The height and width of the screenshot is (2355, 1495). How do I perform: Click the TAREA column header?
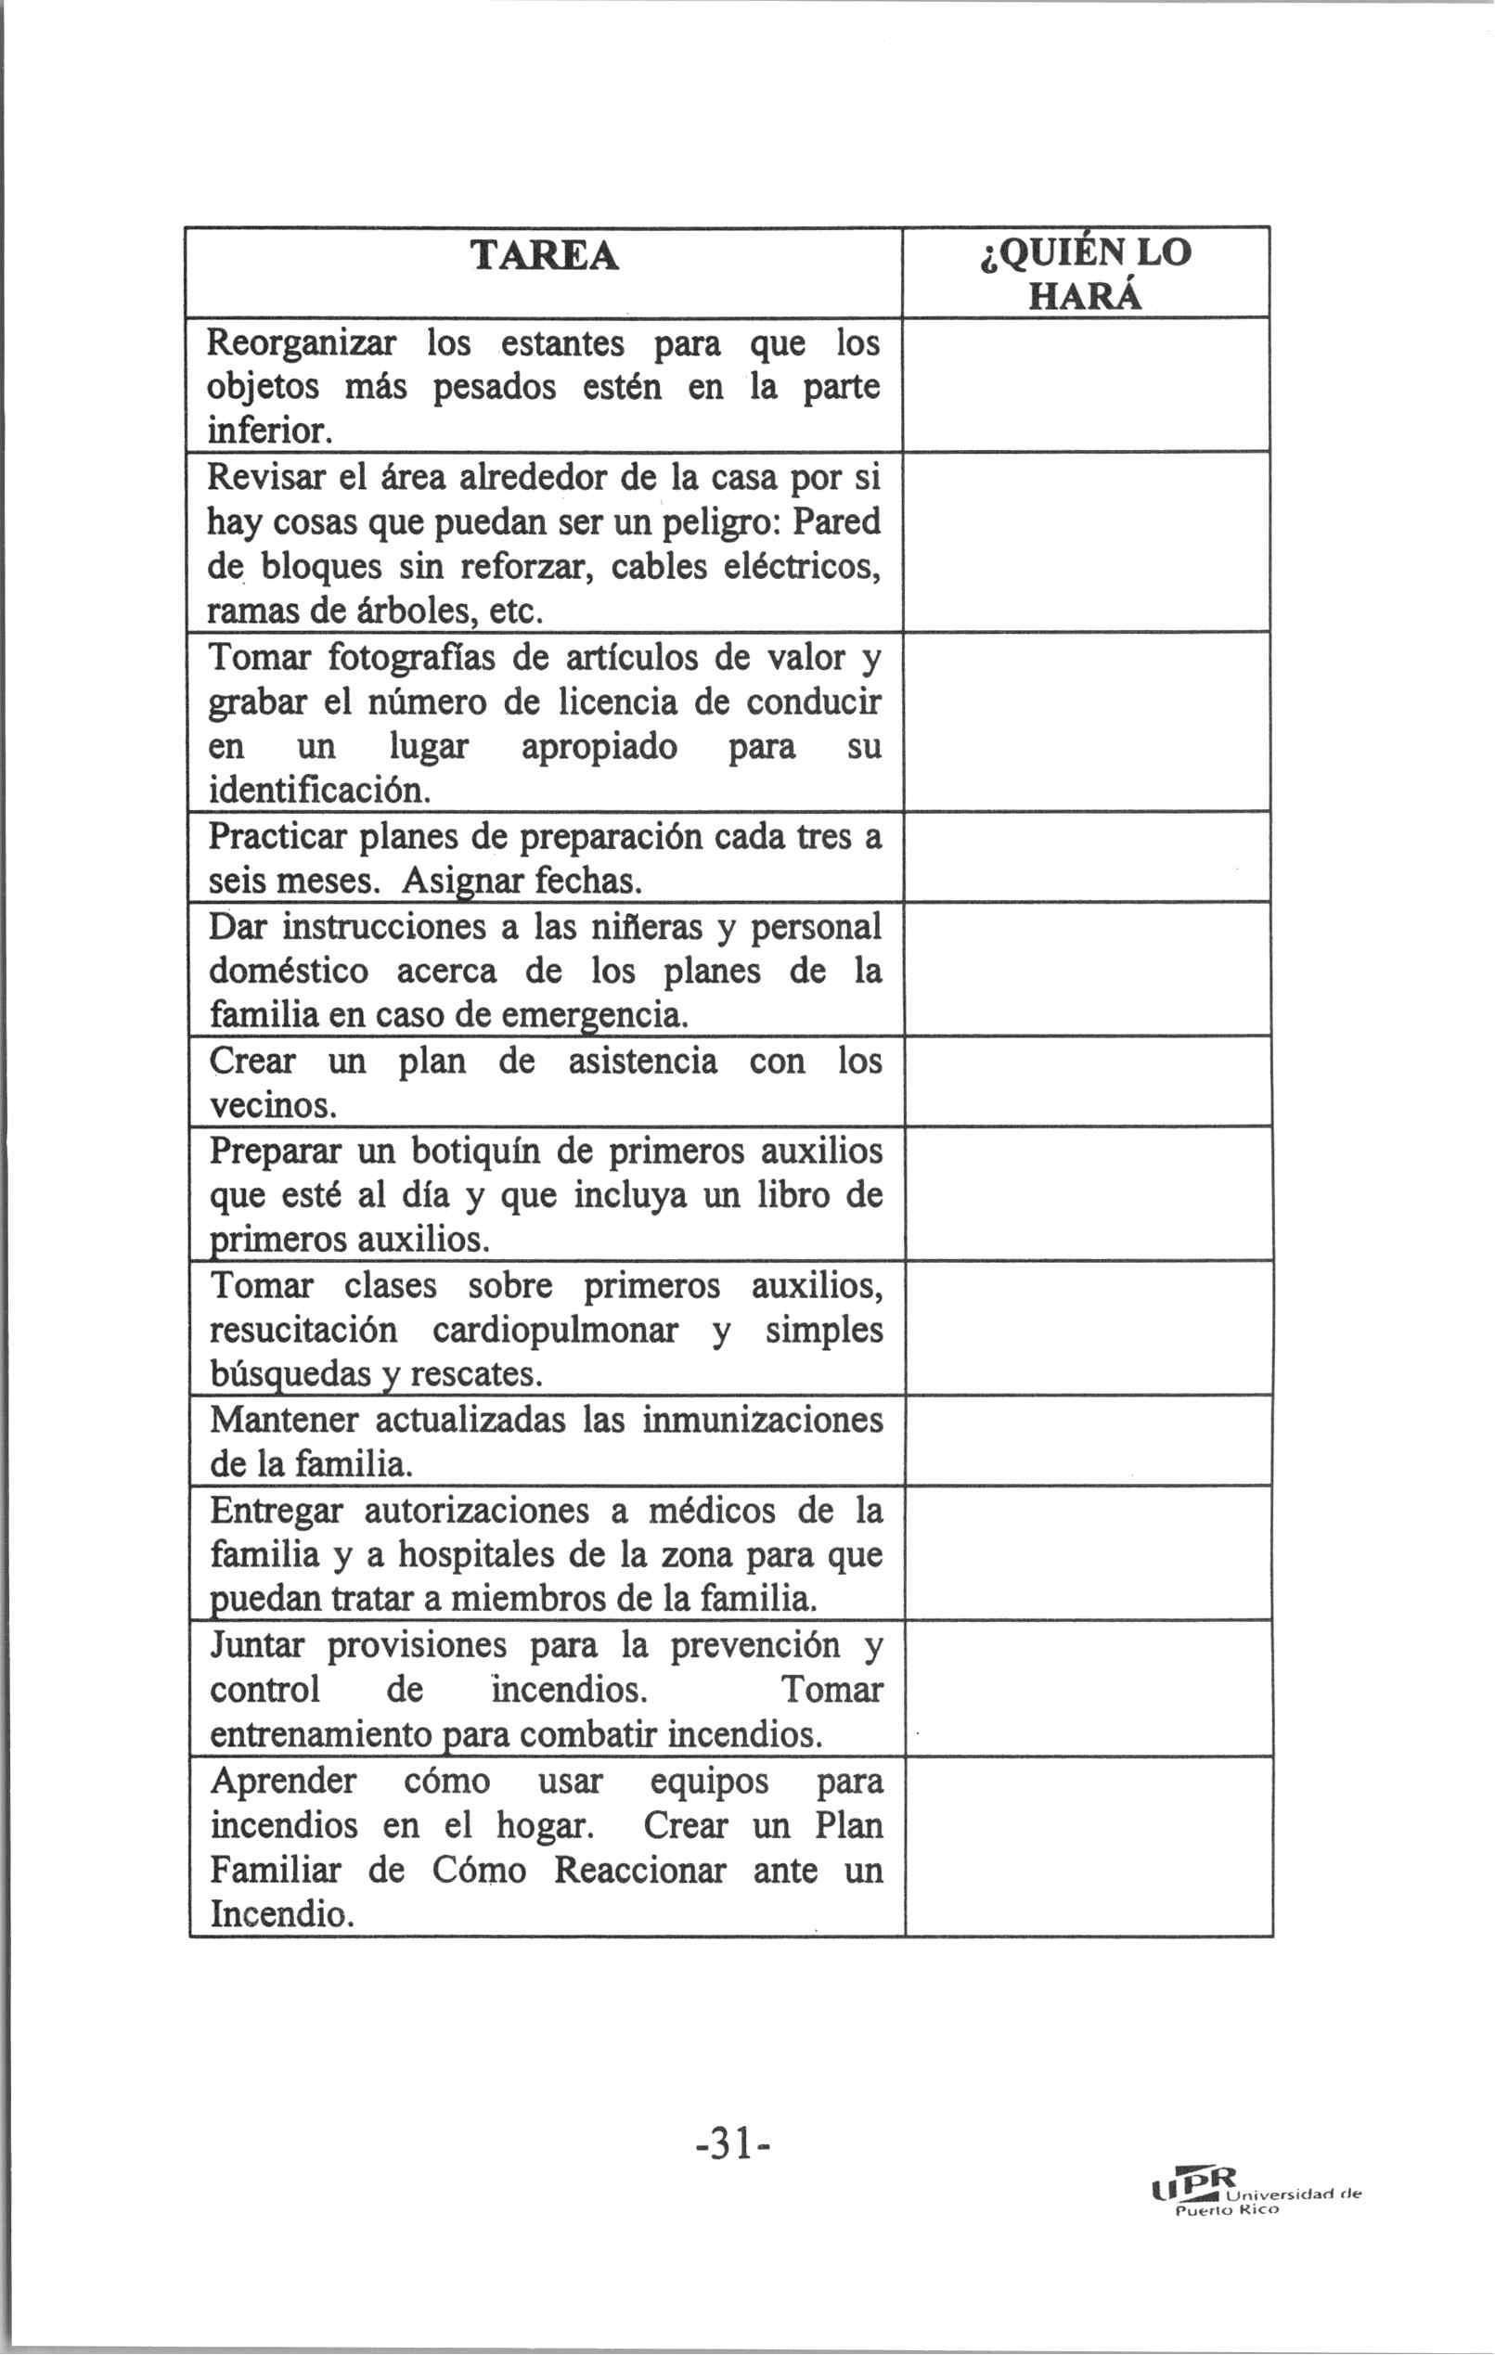coord(544,256)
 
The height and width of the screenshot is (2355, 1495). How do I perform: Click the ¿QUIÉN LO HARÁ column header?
coord(1084,273)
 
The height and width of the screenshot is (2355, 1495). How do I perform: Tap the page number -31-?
coord(733,2144)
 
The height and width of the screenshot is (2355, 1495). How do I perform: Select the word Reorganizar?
coord(302,344)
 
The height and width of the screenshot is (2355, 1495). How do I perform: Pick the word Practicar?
coord(277,836)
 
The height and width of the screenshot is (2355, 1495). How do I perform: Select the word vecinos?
coord(274,1106)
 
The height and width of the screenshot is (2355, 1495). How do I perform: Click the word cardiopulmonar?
coord(555,1330)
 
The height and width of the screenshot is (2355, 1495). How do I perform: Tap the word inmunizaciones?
coord(762,1420)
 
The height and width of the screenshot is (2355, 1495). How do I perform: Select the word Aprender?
coord(283,1780)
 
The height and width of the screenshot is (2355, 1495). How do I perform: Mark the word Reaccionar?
coord(640,1870)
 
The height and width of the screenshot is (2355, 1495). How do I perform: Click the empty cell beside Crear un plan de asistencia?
coord(1087,1081)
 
